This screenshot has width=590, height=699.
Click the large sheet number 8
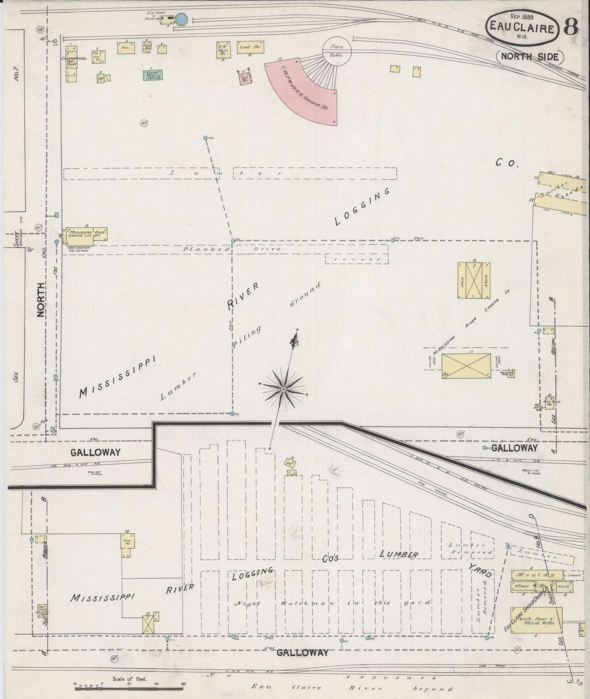pyautogui.click(x=571, y=27)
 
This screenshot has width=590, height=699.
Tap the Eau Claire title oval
pyautogui.click(x=522, y=27)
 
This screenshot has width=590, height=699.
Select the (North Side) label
pyautogui.click(x=530, y=57)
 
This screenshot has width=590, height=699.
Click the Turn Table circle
pyautogui.click(x=337, y=51)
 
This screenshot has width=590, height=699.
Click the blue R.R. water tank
pyautogui.click(x=181, y=19)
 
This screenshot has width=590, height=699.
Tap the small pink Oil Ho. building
pyautogui.click(x=244, y=79)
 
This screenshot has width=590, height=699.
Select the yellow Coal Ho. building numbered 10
pyautogui.click(x=250, y=47)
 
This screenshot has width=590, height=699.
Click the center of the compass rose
pyautogui.click(x=283, y=389)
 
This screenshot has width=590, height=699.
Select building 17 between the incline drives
pyautogui.click(x=466, y=365)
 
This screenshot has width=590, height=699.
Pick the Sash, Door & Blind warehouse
pyautogui.click(x=536, y=620)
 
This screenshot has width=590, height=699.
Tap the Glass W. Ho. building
pyautogui.click(x=530, y=596)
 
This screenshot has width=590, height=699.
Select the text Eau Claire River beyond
pyautogui.click(x=352, y=689)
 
